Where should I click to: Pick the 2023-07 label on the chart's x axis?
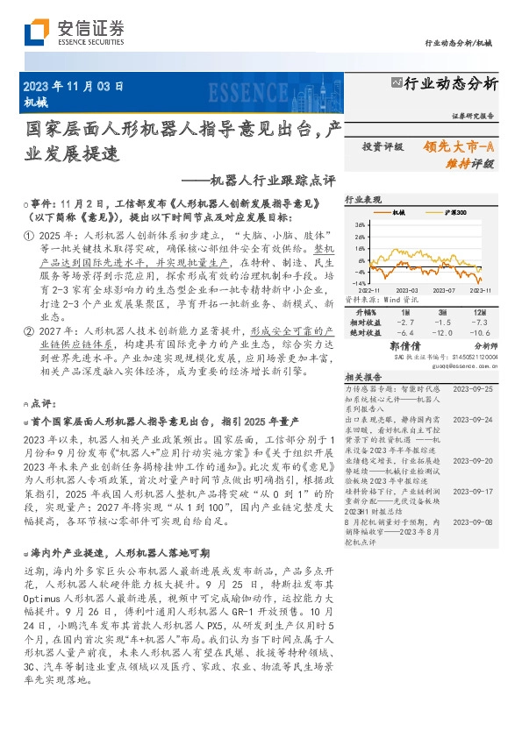coord(443,289)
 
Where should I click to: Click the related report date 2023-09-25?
coord(474,387)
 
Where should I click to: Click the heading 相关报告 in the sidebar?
coord(361,375)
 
